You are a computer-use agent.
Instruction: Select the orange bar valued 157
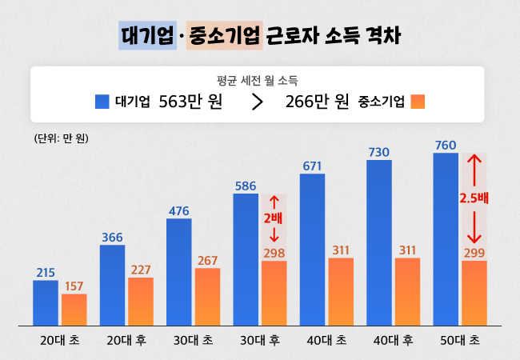tap(74, 310)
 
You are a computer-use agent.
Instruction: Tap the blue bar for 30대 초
tap(179, 272)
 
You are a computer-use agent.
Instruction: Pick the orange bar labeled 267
tap(207, 297)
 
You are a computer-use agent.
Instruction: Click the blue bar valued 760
tap(446, 239)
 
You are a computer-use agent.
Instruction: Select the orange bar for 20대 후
tap(141, 302)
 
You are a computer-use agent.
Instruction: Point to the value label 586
tap(246, 186)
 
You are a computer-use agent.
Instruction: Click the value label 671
tap(312, 166)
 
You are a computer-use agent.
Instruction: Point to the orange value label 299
tap(474, 253)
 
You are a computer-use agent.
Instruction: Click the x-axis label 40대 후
tap(393, 341)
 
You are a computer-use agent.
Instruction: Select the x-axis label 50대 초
tap(459, 341)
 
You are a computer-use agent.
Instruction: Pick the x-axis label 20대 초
tap(61, 341)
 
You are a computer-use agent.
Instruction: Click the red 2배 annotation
tap(274, 218)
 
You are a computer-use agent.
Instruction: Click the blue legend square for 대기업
tap(102, 102)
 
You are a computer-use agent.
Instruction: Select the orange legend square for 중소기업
tap(418, 102)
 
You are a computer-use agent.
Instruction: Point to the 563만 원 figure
tap(190, 102)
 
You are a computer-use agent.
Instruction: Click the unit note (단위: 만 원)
tap(62, 138)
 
